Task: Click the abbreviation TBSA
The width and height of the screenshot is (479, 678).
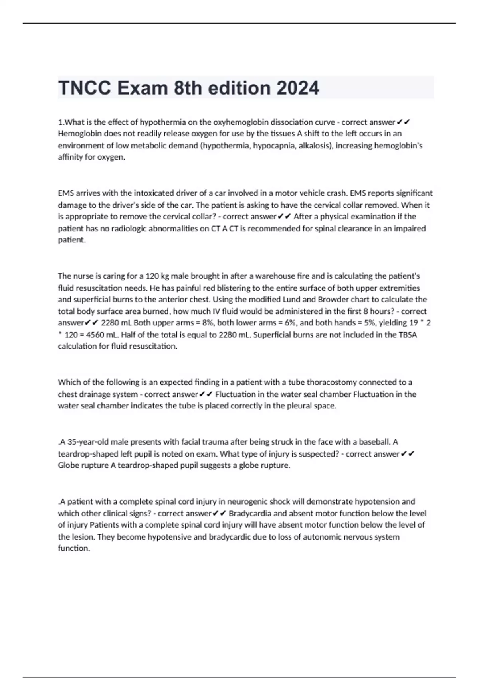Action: (x=408, y=335)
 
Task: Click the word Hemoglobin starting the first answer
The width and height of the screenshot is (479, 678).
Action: (x=79, y=134)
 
